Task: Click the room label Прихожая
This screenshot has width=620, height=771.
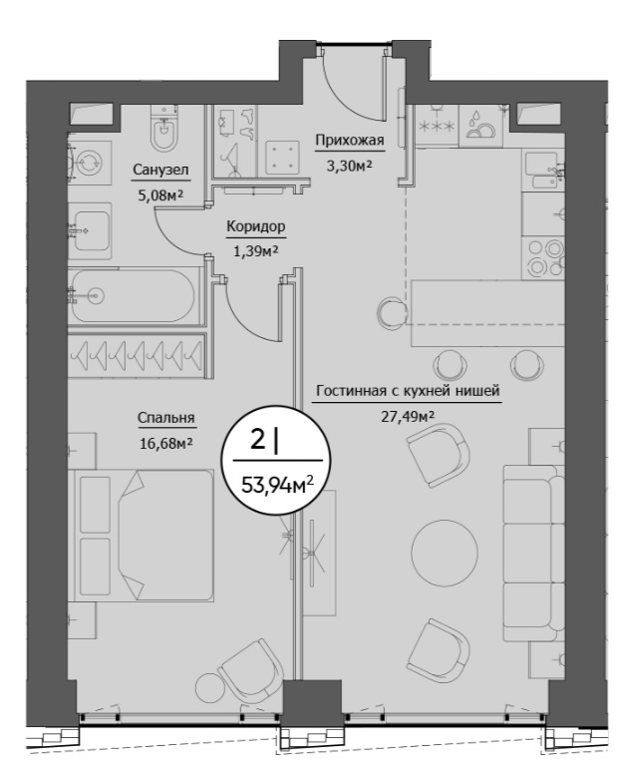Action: click(349, 141)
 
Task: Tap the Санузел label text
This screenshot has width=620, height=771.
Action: click(160, 171)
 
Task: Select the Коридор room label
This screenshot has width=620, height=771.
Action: click(255, 226)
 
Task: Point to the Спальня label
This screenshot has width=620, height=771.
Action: click(166, 418)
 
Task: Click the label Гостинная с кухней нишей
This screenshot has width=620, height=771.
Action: click(408, 391)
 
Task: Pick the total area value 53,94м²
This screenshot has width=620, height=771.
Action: click(277, 486)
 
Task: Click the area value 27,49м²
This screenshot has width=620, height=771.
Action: click(408, 417)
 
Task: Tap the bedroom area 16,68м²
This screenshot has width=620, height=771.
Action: click(166, 444)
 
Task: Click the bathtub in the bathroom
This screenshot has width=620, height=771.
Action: click(134, 295)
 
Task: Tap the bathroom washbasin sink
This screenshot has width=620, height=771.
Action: click(90, 231)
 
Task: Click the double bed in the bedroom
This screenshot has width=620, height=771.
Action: click(144, 535)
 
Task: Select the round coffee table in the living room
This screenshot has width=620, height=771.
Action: click(445, 553)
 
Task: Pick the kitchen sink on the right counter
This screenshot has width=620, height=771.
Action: click(543, 171)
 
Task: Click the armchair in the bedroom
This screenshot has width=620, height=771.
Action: click(251, 671)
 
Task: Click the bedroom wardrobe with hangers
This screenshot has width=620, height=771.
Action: click(137, 355)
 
